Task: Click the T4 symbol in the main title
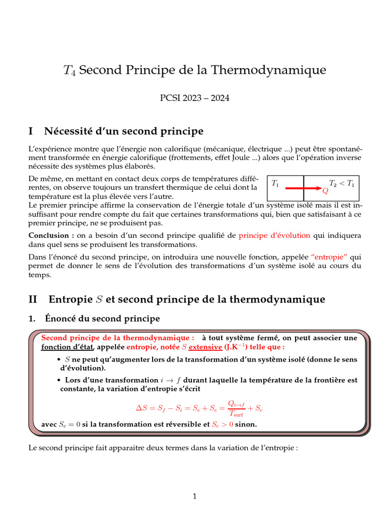[69, 71]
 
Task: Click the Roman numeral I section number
[31, 132]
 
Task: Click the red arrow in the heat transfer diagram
[304, 188]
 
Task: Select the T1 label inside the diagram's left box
[275, 183]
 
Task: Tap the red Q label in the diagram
[325, 191]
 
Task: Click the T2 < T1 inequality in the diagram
[342, 183]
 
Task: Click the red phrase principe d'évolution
[275, 235]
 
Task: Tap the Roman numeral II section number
[34, 299]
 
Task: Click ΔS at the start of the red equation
[142, 407]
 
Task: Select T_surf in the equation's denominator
[236, 413]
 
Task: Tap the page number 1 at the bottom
[194, 496]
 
